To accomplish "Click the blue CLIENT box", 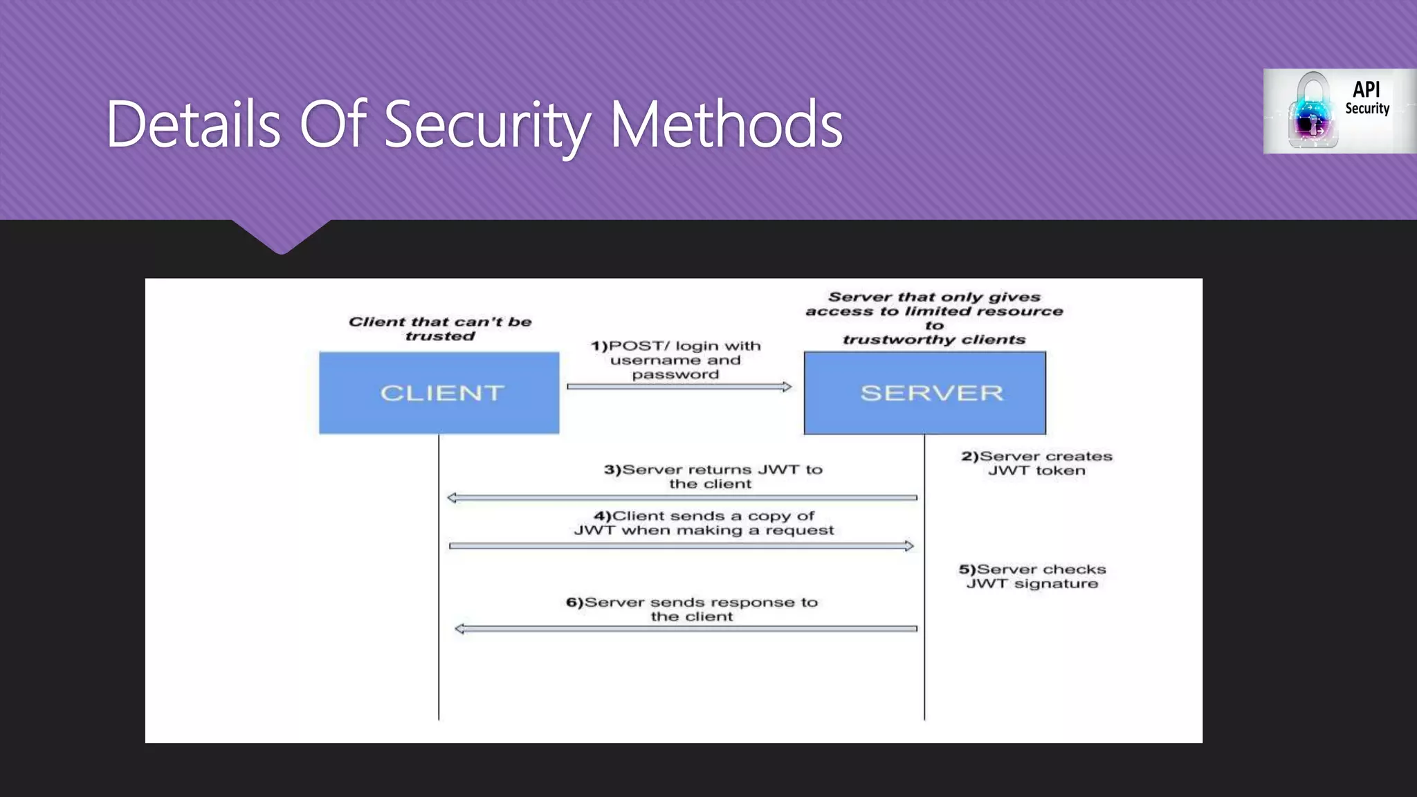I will click(x=439, y=393).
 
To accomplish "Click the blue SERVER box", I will click(x=924, y=393).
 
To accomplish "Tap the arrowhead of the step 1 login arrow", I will click(x=787, y=387).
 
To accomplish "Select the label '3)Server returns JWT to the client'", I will click(x=713, y=477).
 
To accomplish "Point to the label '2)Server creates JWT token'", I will click(x=1036, y=464).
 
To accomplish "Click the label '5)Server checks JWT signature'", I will click(x=1032, y=576).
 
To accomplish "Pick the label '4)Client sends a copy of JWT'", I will click(x=704, y=523).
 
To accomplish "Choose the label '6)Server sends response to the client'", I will click(x=692, y=610).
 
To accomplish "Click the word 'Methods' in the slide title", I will click(x=726, y=125).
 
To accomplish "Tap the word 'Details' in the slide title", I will click(x=193, y=125).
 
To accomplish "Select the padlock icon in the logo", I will click(x=1312, y=111).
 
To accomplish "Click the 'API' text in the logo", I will click(x=1366, y=89).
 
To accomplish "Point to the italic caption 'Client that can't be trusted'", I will click(x=440, y=329).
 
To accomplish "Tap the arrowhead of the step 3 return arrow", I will click(x=452, y=497).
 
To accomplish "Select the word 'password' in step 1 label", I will click(x=675, y=375).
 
